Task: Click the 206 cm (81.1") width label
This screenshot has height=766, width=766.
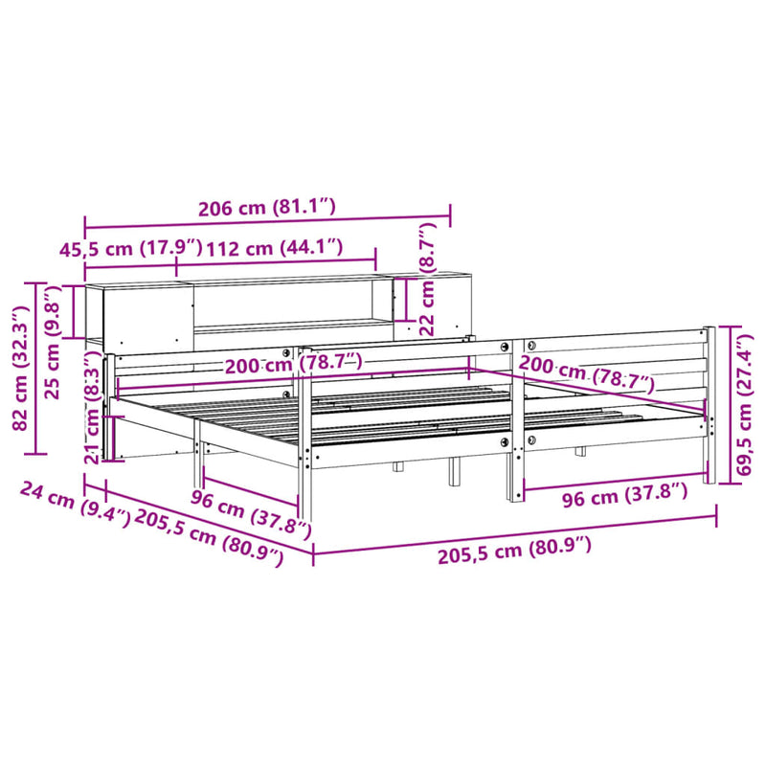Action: click(x=267, y=206)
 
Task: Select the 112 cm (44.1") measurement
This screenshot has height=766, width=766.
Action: click(x=275, y=248)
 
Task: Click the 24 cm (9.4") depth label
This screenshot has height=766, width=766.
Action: click(x=73, y=505)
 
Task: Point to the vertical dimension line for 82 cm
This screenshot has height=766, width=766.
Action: click(x=37, y=369)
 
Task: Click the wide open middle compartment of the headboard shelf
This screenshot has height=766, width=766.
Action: click(x=287, y=304)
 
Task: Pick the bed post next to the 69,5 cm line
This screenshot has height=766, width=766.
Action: click(x=710, y=402)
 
